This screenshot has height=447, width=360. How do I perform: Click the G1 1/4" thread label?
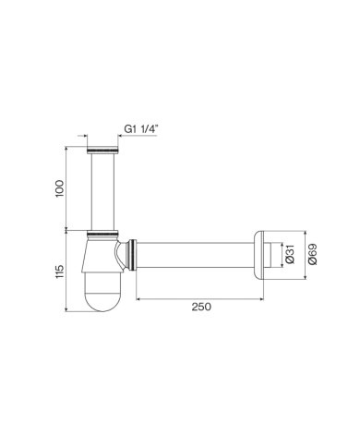coord(138,129)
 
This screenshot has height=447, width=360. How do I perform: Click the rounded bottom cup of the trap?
coord(101,295)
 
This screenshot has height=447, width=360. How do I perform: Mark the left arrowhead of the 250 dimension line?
coord(139,299)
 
